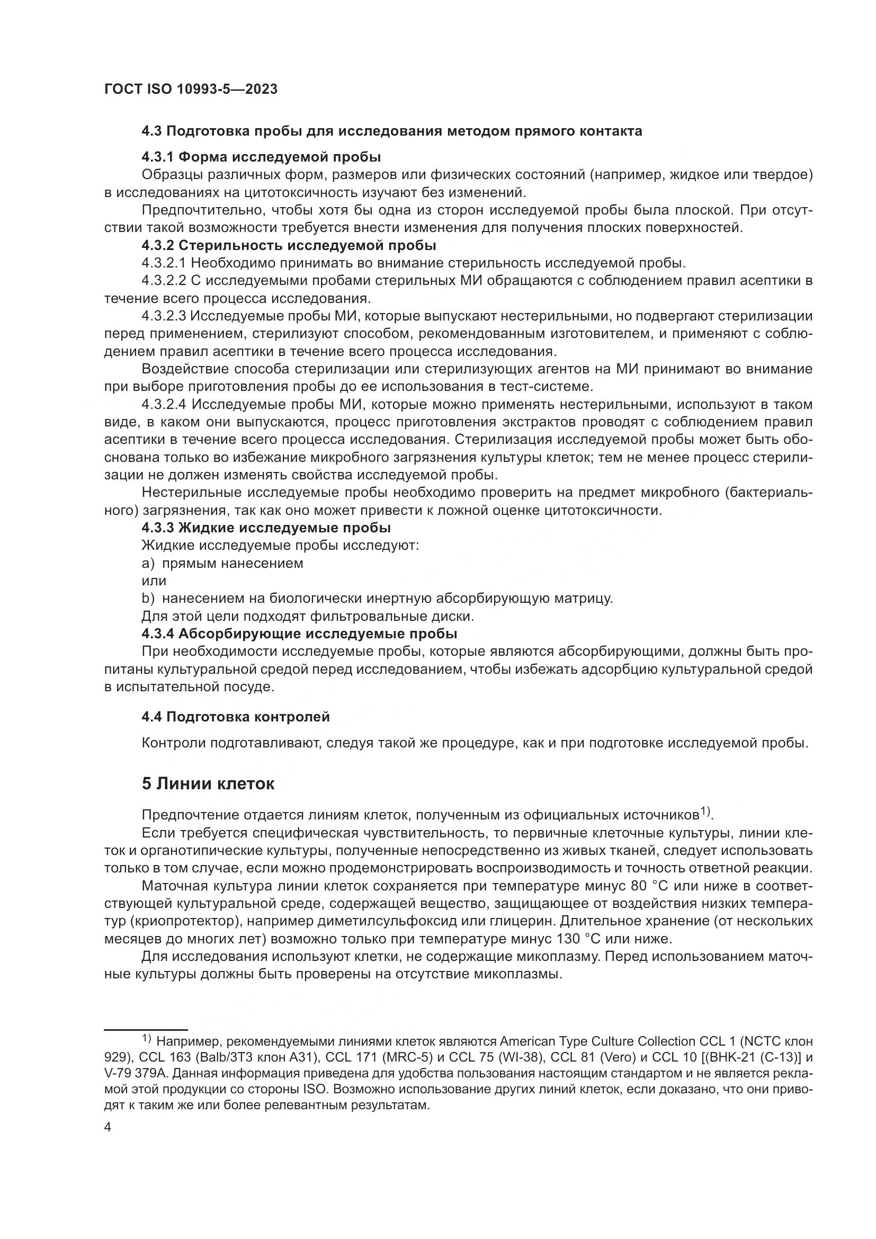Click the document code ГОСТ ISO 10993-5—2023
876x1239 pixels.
(191, 89)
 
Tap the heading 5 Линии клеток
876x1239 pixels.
(208, 783)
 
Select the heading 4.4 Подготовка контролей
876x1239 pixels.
(235, 717)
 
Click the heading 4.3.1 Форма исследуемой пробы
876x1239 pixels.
(261, 157)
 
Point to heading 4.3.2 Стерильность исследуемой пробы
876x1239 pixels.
(289, 246)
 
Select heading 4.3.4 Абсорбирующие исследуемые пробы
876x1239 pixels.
(299, 633)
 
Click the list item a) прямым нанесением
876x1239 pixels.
(222, 563)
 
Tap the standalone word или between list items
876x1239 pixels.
(154, 581)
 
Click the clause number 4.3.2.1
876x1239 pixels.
(164, 263)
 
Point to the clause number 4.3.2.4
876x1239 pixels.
(164, 404)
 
